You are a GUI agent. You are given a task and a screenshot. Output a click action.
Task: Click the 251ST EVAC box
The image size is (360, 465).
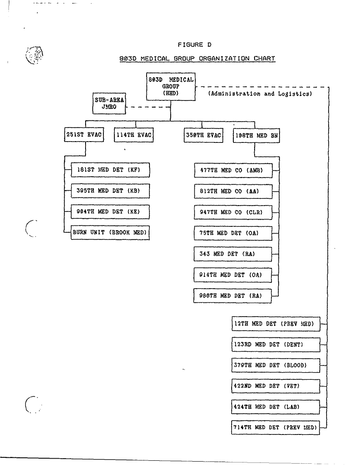click(84, 136)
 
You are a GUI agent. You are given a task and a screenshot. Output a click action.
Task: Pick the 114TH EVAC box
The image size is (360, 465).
click(134, 136)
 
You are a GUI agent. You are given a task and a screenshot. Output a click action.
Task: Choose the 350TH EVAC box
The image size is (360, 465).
click(203, 136)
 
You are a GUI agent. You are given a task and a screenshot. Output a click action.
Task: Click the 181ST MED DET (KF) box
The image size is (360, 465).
click(110, 170)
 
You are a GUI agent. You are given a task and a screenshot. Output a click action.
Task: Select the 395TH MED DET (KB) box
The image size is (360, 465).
click(110, 191)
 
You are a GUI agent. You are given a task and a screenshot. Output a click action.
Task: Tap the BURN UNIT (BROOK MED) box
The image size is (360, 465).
click(110, 233)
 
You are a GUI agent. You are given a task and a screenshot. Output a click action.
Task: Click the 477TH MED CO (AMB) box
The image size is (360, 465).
click(233, 171)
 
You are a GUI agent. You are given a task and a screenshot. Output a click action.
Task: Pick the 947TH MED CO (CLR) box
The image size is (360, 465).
click(233, 212)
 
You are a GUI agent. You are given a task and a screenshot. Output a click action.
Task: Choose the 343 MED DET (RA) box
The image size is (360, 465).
click(233, 254)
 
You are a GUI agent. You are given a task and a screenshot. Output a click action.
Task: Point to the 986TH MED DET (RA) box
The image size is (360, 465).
click(233, 296)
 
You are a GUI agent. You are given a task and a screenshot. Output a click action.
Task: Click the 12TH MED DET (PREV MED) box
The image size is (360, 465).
click(276, 324)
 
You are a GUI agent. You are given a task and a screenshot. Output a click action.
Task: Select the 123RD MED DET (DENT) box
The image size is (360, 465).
click(276, 345)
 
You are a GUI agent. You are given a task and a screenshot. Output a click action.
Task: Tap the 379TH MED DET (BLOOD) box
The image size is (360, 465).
click(276, 365)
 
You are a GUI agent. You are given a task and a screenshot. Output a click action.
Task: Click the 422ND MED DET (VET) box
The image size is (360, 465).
click(276, 386)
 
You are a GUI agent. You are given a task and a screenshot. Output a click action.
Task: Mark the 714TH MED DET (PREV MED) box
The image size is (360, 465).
click(276, 428)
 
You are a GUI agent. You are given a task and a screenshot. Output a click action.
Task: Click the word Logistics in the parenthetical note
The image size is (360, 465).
click(295, 94)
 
